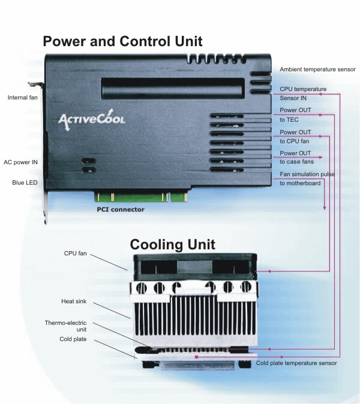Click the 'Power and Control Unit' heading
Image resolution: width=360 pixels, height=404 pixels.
pyautogui.click(x=122, y=41)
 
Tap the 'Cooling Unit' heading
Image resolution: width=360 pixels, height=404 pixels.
pyautogui.click(x=172, y=245)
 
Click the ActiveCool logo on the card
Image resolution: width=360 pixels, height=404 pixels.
pyautogui.click(x=92, y=119)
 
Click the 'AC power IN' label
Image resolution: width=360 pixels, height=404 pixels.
pyautogui.click(x=21, y=162)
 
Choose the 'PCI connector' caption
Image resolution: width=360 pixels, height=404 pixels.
pyautogui.click(x=121, y=210)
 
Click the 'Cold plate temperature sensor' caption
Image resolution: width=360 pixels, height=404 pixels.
pyautogui.click(x=296, y=363)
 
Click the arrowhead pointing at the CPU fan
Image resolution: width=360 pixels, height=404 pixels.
pyautogui.click(x=269, y=272)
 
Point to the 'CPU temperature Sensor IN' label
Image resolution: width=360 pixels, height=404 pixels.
pyautogui.click(x=303, y=93)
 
